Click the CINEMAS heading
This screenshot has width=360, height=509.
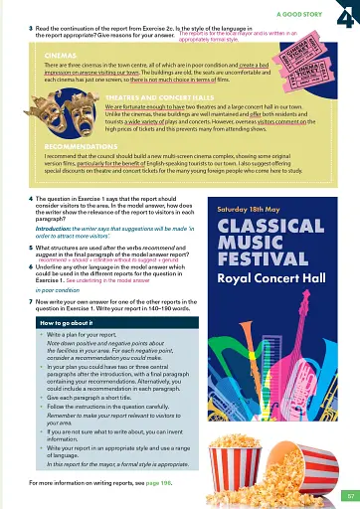pyautogui.click(x=62, y=56)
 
